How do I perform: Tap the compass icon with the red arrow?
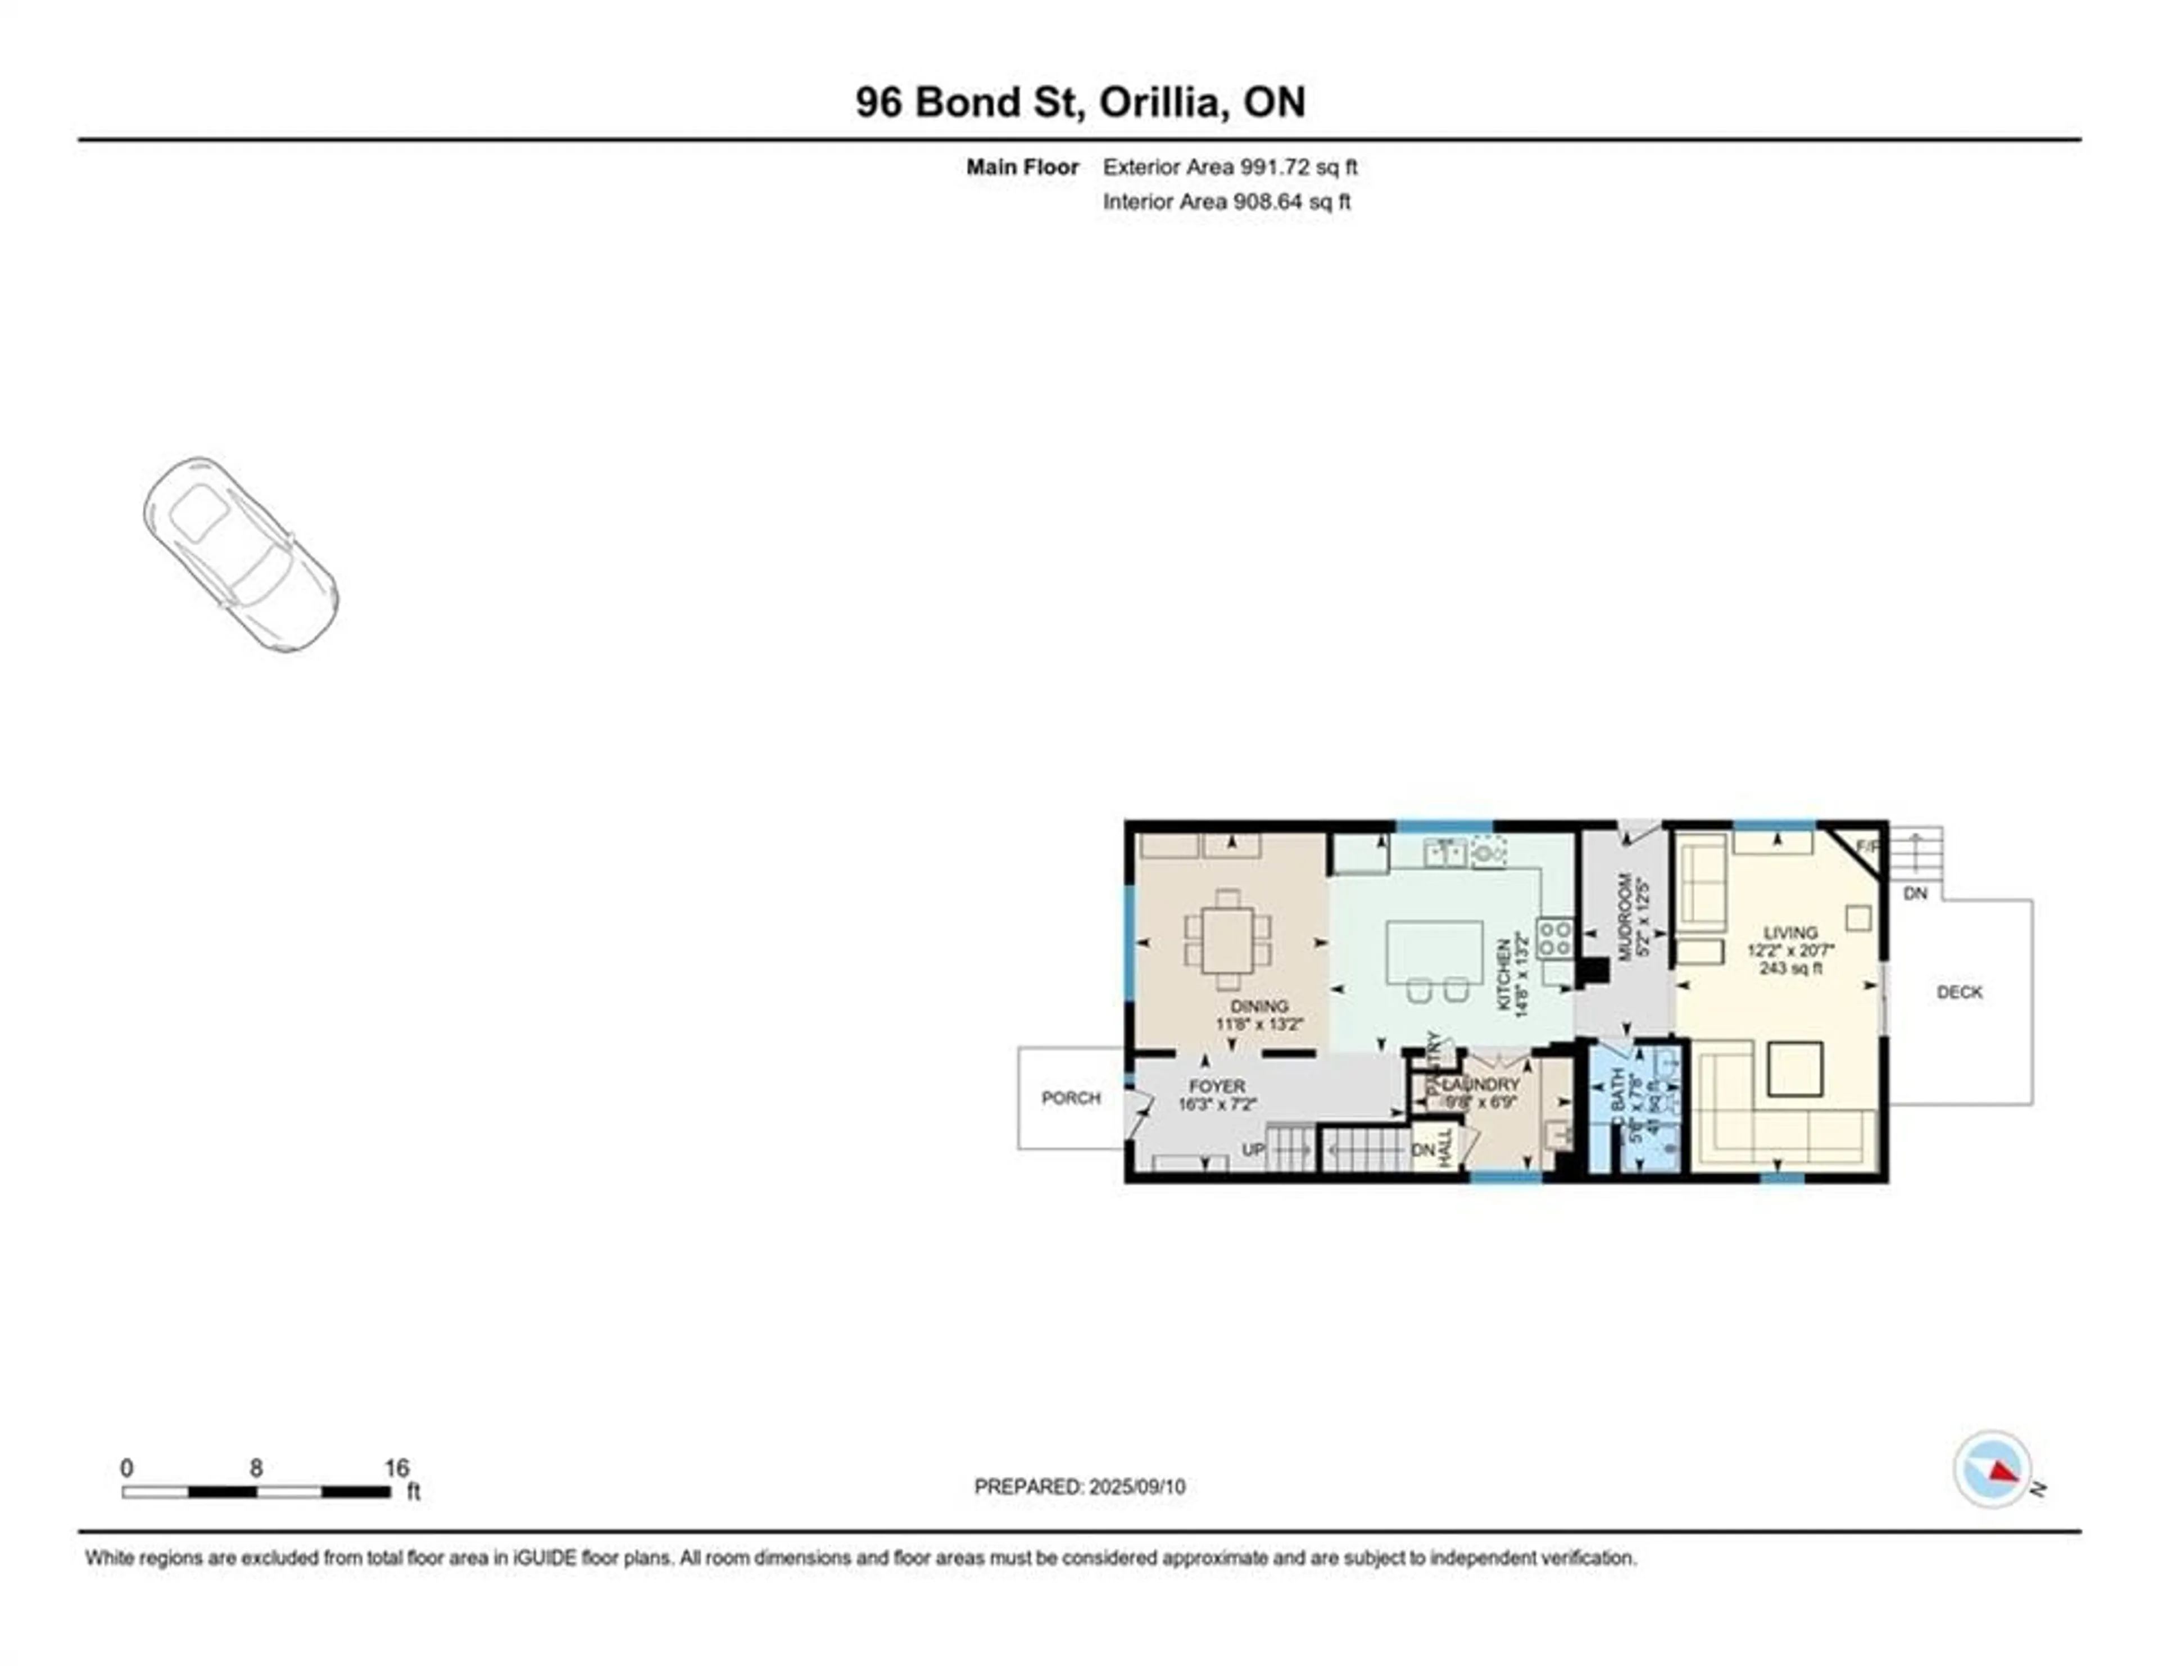(x=1992, y=1496)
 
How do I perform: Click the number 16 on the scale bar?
(x=396, y=1468)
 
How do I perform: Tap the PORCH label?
(x=1070, y=1098)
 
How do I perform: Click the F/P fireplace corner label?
(x=1866, y=847)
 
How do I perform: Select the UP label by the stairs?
(x=1253, y=1150)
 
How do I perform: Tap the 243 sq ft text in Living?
(x=1790, y=968)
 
